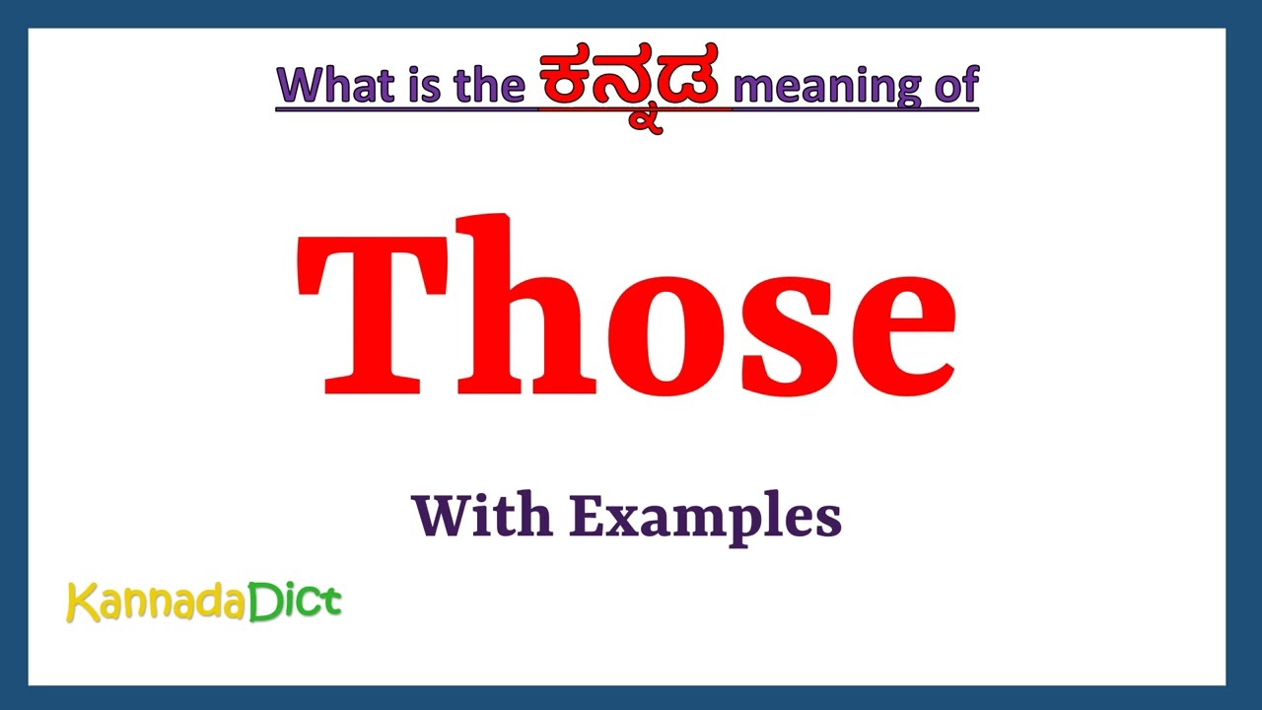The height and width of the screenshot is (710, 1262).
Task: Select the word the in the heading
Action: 488,86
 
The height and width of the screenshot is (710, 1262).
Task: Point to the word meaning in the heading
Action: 814,86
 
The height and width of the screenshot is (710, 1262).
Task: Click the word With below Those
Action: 479,515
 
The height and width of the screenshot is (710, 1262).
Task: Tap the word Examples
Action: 704,517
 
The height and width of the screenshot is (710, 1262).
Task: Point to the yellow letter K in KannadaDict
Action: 81,602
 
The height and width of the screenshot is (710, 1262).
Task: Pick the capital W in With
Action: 438,515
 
